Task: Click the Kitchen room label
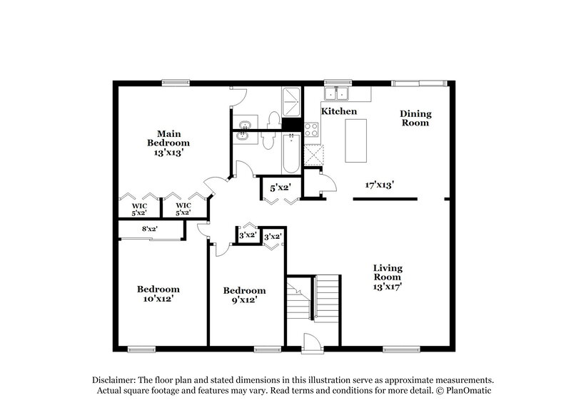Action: tap(338, 112)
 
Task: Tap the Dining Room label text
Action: tap(415, 118)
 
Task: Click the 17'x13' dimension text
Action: tap(380, 185)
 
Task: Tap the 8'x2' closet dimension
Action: tap(149, 229)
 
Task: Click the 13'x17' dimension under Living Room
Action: tap(388, 287)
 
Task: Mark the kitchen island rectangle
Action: tap(355, 141)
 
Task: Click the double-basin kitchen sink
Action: tap(335, 93)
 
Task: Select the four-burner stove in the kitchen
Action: tap(312, 129)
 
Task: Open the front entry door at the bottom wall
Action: tap(312, 343)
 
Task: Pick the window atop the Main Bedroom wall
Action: tap(171, 82)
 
